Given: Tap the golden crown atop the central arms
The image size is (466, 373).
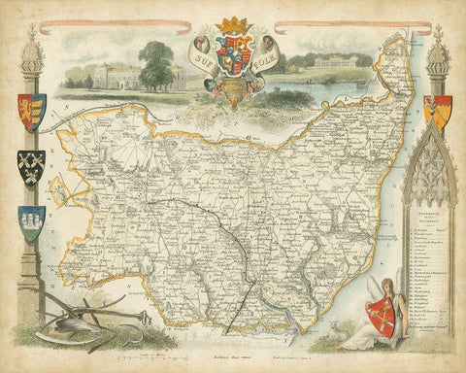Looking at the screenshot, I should click(232, 24).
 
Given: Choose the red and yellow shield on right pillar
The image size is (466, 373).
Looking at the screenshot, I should click(441, 112).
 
